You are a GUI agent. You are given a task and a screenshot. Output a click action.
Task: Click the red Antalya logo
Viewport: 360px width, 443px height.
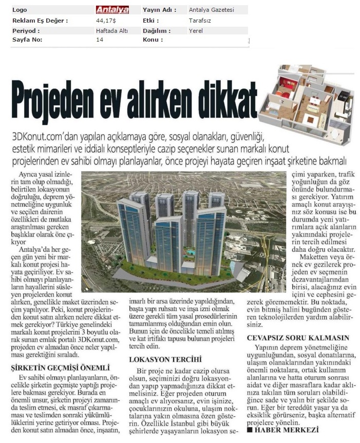tap(112, 10)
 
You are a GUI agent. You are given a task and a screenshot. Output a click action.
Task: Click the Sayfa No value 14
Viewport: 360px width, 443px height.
tap(100, 40)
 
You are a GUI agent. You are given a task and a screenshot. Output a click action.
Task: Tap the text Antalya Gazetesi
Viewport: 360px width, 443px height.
tap(212, 10)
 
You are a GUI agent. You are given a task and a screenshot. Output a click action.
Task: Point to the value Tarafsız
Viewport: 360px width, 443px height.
tap(200, 21)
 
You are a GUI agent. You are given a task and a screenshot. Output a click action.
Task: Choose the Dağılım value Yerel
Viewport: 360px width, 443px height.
tap(196, 31)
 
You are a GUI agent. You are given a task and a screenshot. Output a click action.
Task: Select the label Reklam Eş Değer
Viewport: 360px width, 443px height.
tap(40, 21)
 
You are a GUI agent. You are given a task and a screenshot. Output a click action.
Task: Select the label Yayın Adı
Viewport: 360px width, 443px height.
tap(159, 10)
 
